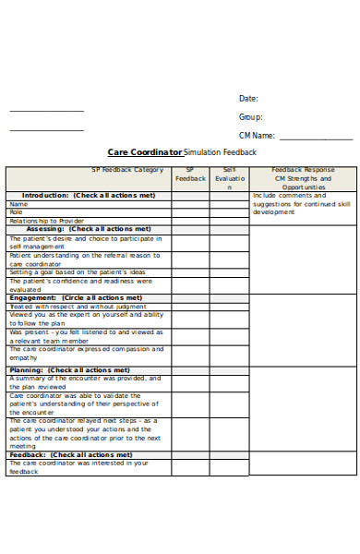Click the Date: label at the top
tap(248, 98)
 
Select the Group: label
tap(251, 117)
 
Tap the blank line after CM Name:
tap(315, 137)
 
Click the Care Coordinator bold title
tap(145, 152)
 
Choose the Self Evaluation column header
tap(230, 178)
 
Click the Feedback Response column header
tap(303, 171)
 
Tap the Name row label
tap(19, 204)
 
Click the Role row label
tap(18, 212)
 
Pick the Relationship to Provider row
tap(46, 221)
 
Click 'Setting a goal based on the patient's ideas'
tap(78, 272)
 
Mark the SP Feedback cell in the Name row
tap(189, 204)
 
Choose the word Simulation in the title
tap(205, 152)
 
